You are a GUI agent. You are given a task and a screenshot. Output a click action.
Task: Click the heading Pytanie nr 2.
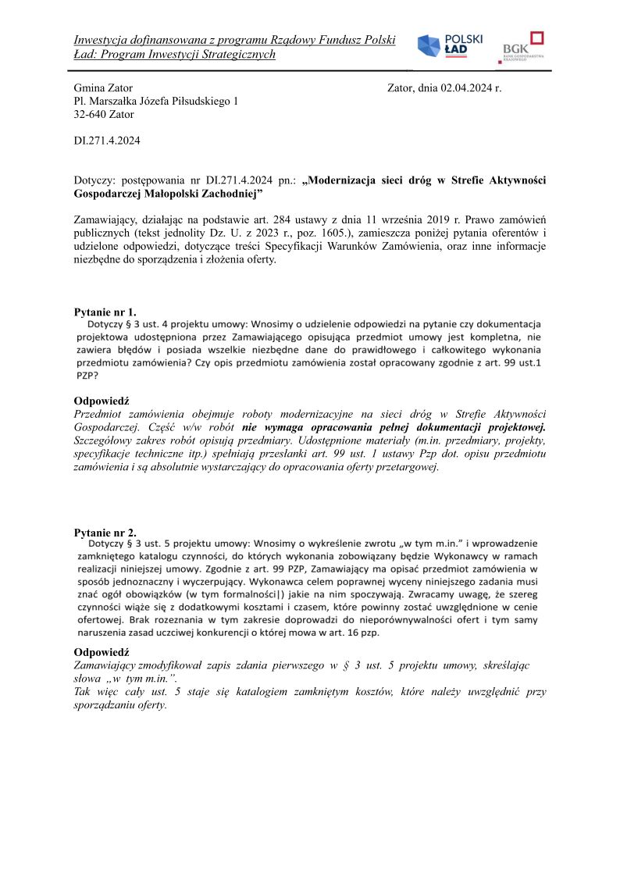click(105, 533)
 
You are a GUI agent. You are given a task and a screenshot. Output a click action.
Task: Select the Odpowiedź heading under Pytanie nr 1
click(102, 401)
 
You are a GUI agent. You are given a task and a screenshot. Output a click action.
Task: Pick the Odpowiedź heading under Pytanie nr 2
click(102, 652)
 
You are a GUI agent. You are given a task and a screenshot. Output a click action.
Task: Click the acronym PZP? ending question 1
click(87, 375)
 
